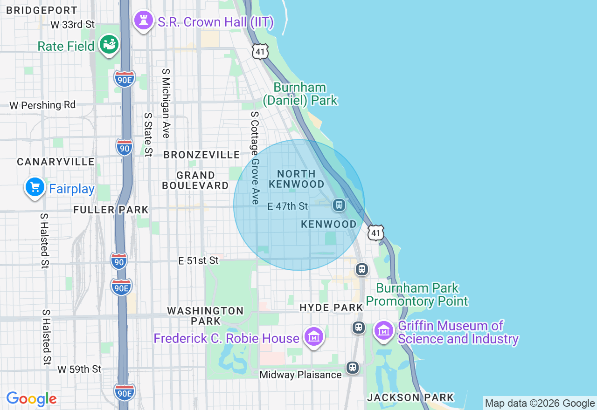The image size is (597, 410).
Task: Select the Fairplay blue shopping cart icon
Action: pyautogui.click(x=35, y=188)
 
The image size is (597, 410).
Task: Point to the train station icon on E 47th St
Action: pyautogui.click(x=339, y=205)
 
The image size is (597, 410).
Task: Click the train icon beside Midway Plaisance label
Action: pyautogui.click(x=353, y=368)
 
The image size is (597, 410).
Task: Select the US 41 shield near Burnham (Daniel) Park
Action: pyautogui.click(x=260, y=51)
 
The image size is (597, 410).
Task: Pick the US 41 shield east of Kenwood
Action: pyautogui.click(x=376, y=232)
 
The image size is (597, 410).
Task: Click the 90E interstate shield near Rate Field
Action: pyautogui.click(x=124, y=79)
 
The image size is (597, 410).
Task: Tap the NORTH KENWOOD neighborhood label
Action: pyautogui.click(x=296, y=179)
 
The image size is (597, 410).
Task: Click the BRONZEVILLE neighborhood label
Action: pyautogui.click(x=201, y=155)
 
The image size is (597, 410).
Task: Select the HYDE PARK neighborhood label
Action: pyautogui.click(x=331, y=307)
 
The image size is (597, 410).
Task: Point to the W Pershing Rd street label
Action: pyautogui.click(x=42, y=105)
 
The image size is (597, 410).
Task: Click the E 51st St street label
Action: pyautogui.click(x=199, y=260)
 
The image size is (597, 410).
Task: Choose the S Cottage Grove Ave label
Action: pyautogui.click(x=255, y=157)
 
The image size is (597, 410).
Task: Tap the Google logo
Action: pyautogui.click(x=31, y=399)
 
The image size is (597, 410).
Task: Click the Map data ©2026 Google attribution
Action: pyautogui.click(x=540, y=403)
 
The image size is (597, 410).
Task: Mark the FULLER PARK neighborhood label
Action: pyautogui.click(x=111, y=210)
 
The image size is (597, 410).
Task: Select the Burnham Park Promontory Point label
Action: pyautogui.click(x=417, y=294)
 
